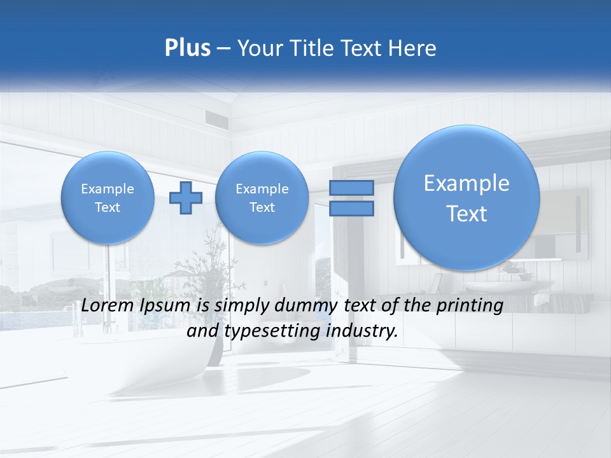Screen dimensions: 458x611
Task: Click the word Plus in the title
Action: coord(187,48)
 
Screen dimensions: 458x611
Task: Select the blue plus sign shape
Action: coord(186,198)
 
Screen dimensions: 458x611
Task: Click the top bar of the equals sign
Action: coord(351,188)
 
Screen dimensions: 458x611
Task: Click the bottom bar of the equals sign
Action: coord(351,209)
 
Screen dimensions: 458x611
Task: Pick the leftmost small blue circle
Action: coord(107,198)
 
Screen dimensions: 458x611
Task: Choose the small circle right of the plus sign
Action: coord(262,198)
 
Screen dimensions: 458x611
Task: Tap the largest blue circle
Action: coord(467,197)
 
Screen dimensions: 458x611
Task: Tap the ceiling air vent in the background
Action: coord(216,116)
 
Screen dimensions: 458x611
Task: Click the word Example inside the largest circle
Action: coord(467,183)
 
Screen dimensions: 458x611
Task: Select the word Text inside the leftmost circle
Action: coord(107,207)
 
